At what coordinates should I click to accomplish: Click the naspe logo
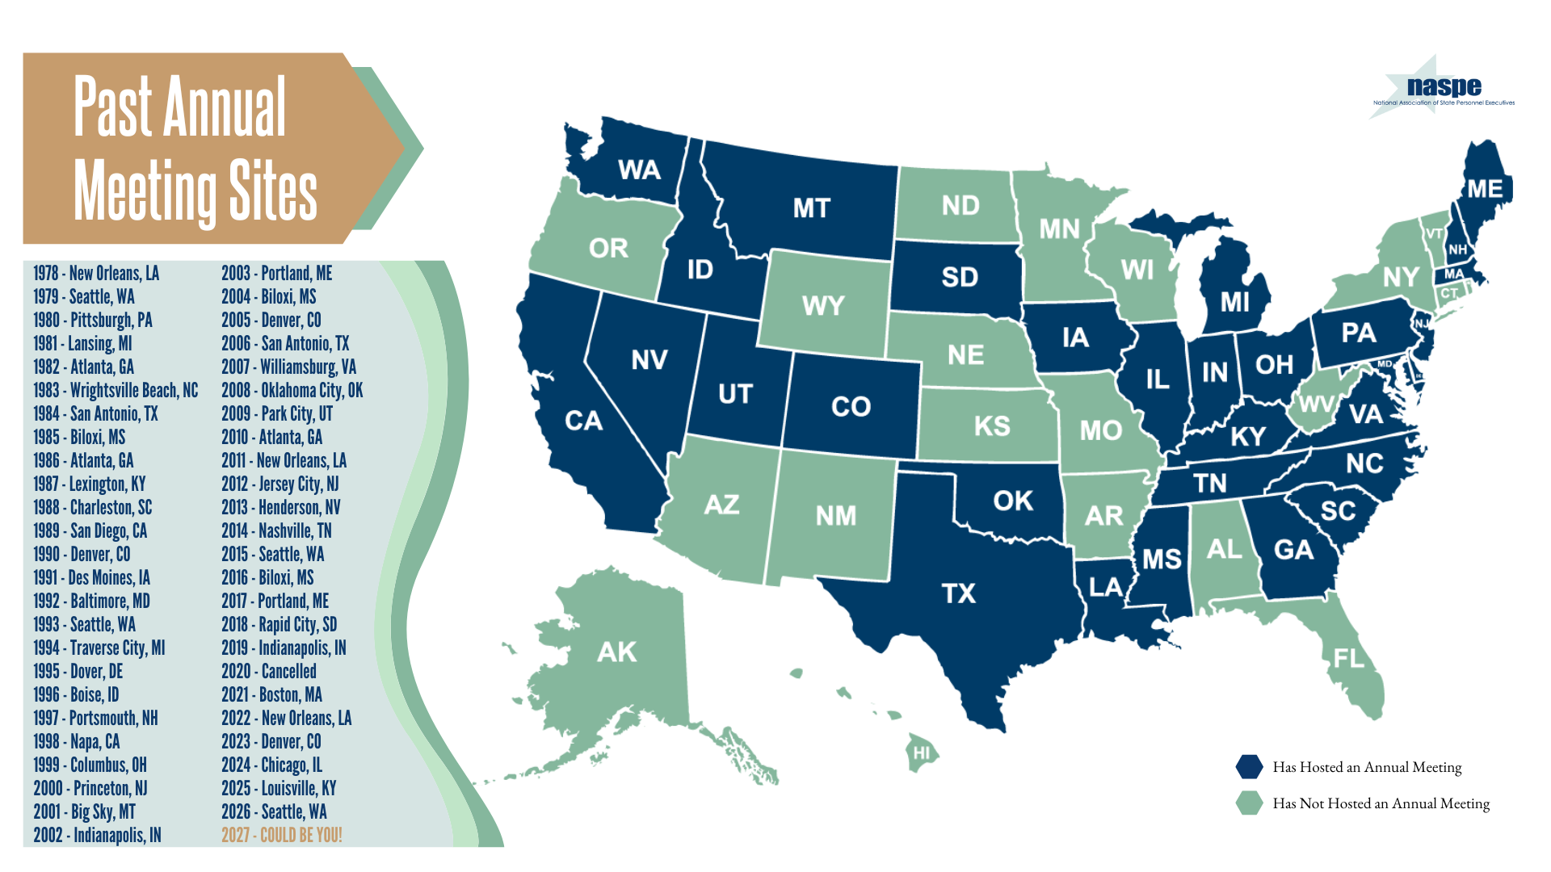[x=1443, y=89]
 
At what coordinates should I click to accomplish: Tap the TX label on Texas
[x=959, y=593]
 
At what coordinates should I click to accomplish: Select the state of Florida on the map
[x=1349, y=658]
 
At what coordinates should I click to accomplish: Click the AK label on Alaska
[x=616, y=652]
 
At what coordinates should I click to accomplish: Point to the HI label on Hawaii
[x=922, y=753]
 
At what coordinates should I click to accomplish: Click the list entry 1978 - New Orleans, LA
[x=96, y=274]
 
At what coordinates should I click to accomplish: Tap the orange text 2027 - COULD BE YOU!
[x=281, y=835]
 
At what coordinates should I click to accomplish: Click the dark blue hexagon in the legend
[x=1249, y=767]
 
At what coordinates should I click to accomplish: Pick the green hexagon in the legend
[x=1249, y=803]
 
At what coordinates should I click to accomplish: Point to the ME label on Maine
[x=1485, y=189]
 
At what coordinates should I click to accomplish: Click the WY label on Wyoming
[x=822, y=306]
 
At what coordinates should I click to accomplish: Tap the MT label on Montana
[x=811, y=208]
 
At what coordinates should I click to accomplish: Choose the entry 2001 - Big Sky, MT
[x=84, y=812]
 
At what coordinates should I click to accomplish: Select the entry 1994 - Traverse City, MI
[x=99, y=648]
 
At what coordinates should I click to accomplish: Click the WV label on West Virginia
[x=1314, y=404]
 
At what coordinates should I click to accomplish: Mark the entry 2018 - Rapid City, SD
[x=279, y=625]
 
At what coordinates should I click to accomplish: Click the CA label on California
[x=583, y=421]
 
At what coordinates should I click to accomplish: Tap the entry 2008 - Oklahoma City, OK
[x=292, y=391]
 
